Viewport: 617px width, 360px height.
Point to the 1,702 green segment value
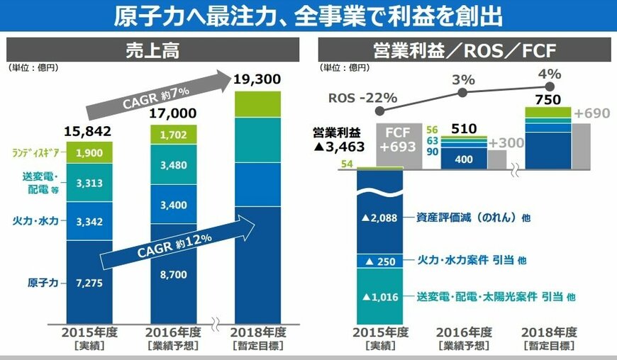(173, 133)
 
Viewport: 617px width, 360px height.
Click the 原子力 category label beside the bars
(41, 283)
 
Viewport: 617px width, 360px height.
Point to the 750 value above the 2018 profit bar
(547, 100)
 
